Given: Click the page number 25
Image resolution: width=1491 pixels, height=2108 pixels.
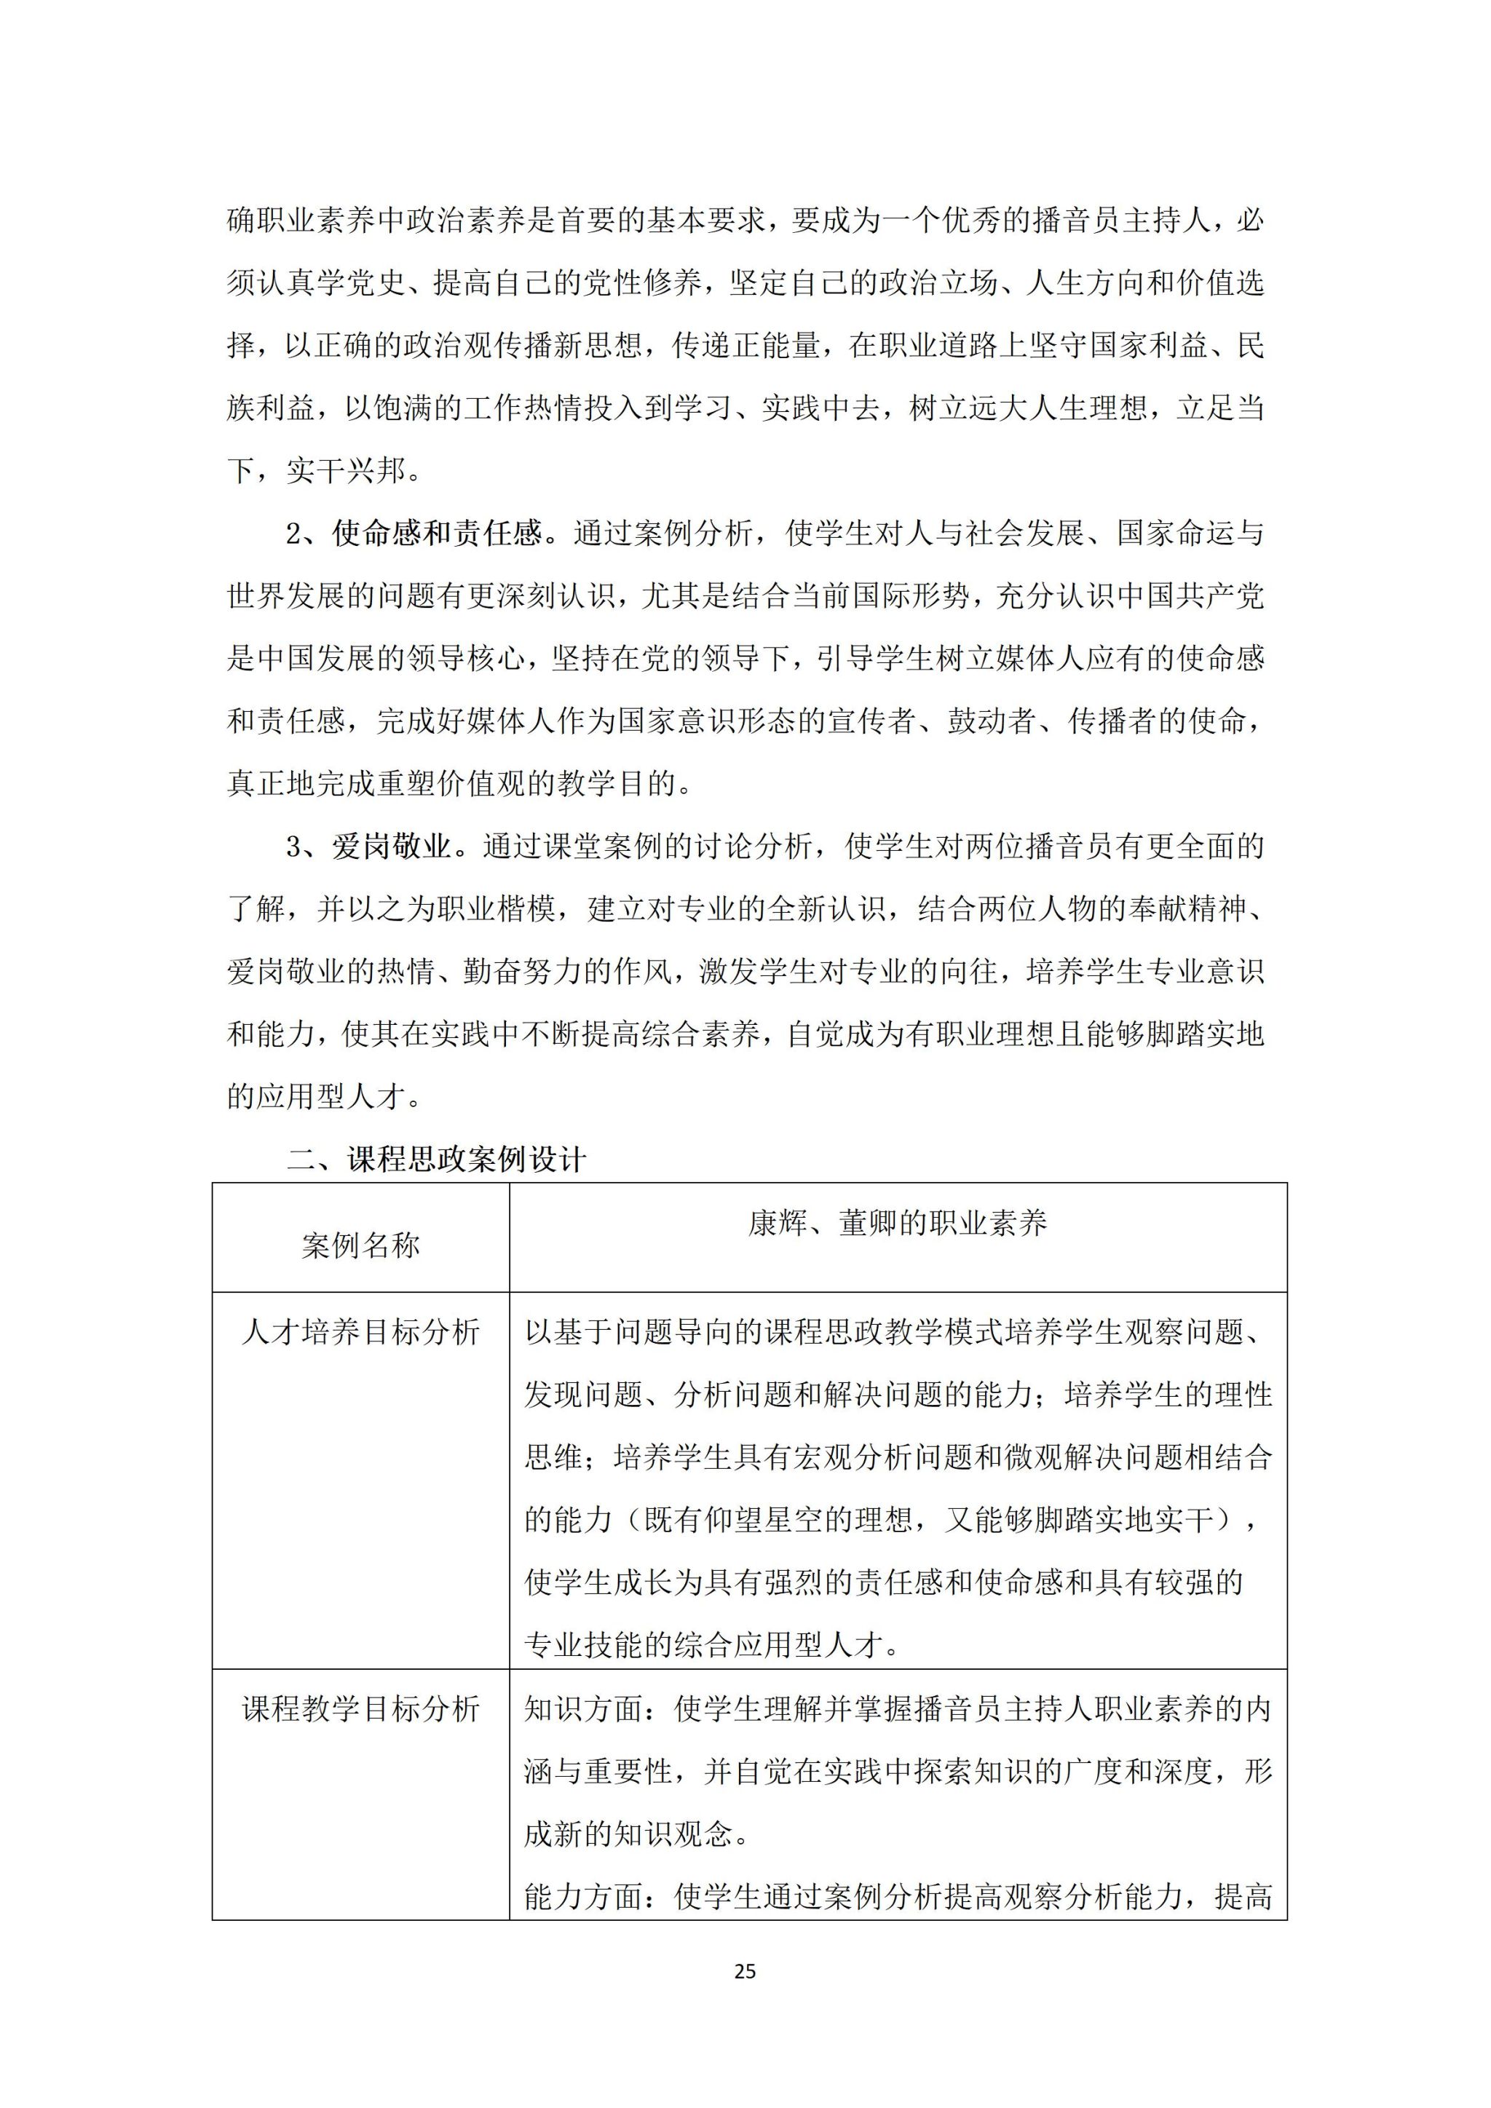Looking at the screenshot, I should [x=745, y=1971].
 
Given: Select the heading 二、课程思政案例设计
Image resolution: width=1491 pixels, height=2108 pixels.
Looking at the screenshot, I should [x=436, y=1160].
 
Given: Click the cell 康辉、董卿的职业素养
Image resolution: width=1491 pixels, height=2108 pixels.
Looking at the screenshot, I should [x=897, y=1223].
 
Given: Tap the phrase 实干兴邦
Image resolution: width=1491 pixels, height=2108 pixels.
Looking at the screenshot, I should [x=345, y=471].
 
